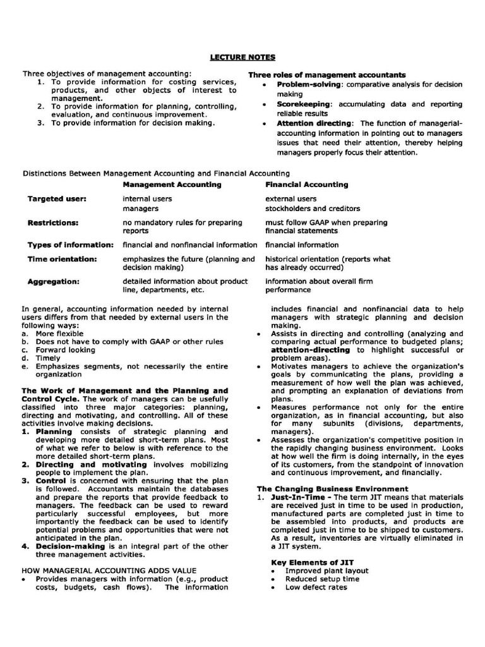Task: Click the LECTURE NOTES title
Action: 242,57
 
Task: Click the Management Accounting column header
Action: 172,184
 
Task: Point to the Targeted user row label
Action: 57,198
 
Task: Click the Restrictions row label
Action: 53,222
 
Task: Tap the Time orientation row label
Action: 62,259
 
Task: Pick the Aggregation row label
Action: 53,281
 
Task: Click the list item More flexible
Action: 59,333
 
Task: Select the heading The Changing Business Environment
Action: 332,488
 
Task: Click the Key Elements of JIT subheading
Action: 312,562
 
